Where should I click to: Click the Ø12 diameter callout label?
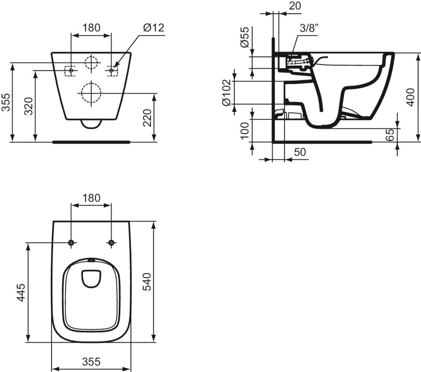[154, 28]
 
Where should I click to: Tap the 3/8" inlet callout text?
[309, 28]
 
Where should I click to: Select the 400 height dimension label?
[411, 97]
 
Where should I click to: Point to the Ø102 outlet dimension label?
[227, 93]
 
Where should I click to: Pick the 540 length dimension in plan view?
[147, 282]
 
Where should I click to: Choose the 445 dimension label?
[21, 292]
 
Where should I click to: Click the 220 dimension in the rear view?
[147, 118]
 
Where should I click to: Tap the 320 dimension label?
[29, 106]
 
